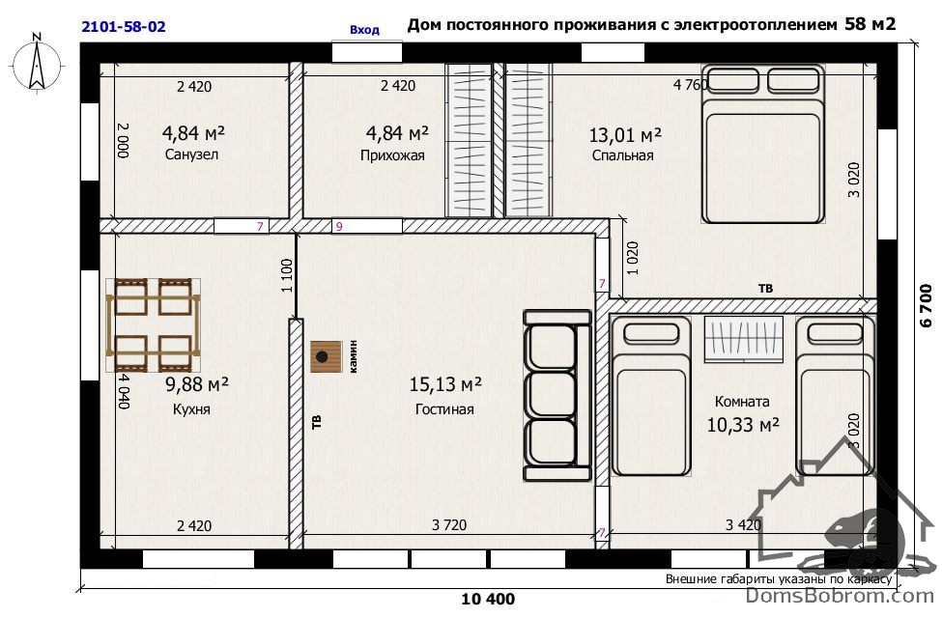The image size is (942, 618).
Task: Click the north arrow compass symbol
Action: point(37,63)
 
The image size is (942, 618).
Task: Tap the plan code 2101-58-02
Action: point(123,26)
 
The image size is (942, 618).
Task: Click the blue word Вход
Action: point(364,29)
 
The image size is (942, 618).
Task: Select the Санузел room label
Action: point(191,154)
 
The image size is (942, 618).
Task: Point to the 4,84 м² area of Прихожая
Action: point(397,132)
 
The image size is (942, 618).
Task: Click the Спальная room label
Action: point(622,155)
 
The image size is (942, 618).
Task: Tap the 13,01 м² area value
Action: point(625,134)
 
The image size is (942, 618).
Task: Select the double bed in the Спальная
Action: point(761,145)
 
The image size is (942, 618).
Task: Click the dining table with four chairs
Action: point(154,324)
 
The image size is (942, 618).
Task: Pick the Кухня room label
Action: point(191,409)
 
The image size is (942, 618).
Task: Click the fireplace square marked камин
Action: point(327,356)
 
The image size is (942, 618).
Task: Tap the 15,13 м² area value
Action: point(445,383)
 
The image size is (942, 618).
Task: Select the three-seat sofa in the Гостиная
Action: point(557,395)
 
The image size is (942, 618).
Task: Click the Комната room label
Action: point(742,401)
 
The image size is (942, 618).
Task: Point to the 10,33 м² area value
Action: point(743,425)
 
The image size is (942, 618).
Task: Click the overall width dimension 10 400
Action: point(488,599)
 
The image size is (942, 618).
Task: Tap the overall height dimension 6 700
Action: point(926,305)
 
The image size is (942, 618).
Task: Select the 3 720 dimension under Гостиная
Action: point(449,525)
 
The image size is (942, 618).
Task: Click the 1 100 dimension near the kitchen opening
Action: point(287,275)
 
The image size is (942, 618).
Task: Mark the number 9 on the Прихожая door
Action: point(339,226)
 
